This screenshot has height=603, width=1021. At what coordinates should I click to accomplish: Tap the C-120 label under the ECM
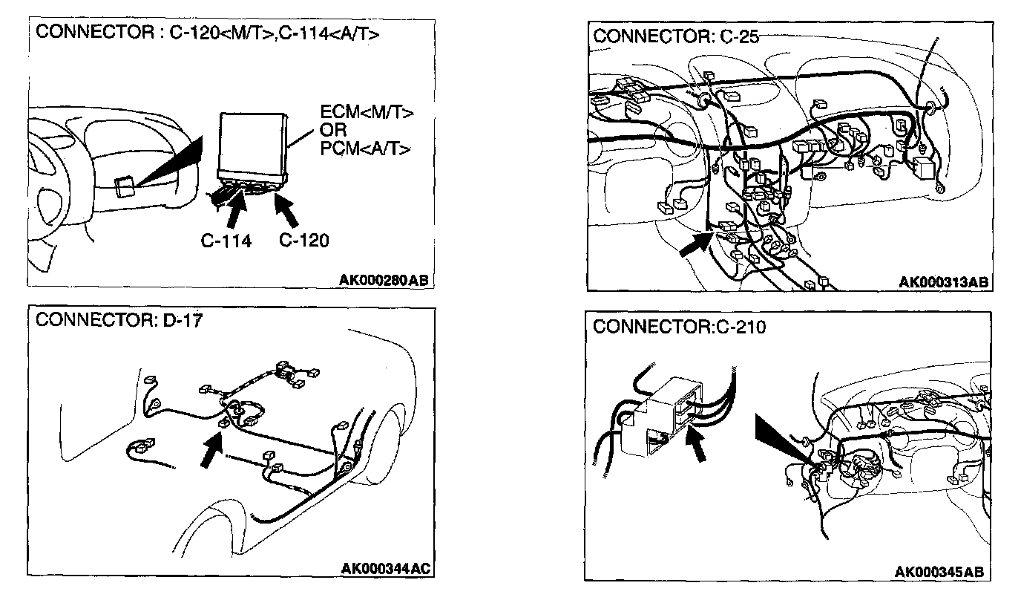pos(303,241)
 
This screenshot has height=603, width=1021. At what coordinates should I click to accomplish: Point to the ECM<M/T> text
pos(366,114)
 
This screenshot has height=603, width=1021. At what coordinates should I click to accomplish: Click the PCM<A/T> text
pos(365,148)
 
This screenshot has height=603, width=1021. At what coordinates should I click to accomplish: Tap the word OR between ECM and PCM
pos(333,131)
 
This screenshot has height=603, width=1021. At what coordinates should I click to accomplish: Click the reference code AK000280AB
pos(384,280)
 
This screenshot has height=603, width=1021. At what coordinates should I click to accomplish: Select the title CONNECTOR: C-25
pos(676,36)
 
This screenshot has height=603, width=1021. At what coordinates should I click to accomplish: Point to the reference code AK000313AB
pos(943,282)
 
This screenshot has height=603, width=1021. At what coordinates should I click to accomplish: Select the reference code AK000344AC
pos(385,570)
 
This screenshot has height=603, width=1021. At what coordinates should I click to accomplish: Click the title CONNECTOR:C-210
pos(679,327)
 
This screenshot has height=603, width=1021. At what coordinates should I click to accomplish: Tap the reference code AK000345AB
pos(939,572)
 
